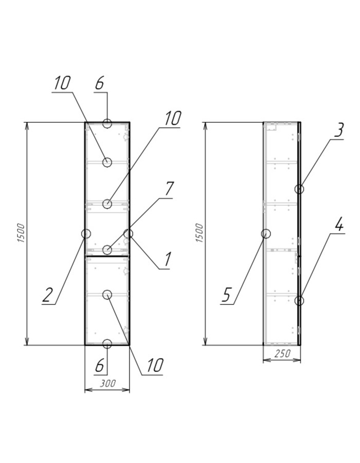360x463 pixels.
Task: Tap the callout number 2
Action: pos(47,295)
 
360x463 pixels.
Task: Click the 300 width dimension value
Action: pos(107,383)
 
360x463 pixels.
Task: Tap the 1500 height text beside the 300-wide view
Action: pos(21,234)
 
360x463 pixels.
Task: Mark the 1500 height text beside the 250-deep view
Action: pos(200,234)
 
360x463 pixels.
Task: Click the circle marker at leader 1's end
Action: pos(128,234)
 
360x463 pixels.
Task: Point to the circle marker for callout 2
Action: pos(86,234)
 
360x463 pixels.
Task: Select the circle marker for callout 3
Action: pos(299,189)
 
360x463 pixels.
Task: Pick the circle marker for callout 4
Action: pos(299,300)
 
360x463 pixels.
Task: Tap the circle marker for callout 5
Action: pos(266,234)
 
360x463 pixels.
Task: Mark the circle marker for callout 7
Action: pos(107,250)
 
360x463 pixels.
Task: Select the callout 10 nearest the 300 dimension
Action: pos(154,365)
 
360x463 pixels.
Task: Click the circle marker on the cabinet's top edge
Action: pos(107,123)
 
